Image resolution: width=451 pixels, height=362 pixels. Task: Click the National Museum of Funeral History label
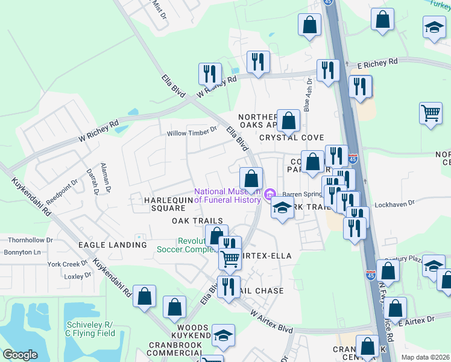tap(228, 195)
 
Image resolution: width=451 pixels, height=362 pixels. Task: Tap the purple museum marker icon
tap(270, 194)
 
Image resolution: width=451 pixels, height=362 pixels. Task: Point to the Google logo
tap(20, 355)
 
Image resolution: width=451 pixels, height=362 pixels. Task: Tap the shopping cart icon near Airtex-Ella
tap(230, 258)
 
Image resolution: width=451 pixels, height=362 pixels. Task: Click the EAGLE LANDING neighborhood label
tap(112, 245)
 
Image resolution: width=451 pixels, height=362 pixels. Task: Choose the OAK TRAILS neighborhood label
tap(197, 221)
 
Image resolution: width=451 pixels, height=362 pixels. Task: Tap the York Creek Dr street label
tap(68, 264)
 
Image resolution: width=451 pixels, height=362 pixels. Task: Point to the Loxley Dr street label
tap(77, 275)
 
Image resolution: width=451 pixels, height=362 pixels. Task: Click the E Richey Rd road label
tap(378, 62)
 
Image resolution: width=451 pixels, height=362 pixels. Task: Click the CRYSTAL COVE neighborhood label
tap(291, 138)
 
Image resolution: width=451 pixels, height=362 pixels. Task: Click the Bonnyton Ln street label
tap(22, 252)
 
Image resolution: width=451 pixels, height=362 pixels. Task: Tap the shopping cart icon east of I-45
tap(431, 113)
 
